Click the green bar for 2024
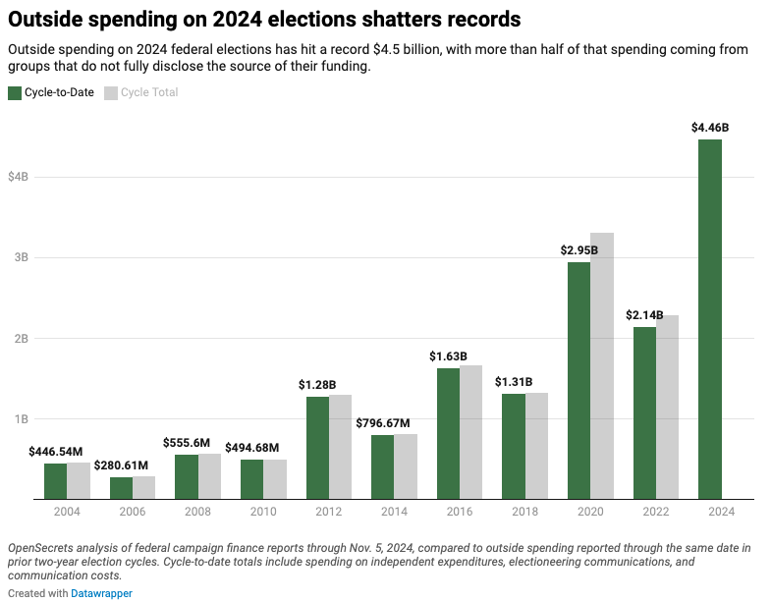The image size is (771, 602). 710,319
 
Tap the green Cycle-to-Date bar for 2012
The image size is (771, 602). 317,448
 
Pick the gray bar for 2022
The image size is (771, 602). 667,408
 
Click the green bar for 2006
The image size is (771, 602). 121,488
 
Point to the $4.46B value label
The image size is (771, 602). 710,128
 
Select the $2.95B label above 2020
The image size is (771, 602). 579,250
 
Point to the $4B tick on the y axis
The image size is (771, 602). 19,177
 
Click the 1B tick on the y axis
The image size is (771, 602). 22,419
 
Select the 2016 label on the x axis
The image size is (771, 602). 460,513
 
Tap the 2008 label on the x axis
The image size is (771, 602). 197,513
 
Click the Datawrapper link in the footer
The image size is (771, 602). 101,593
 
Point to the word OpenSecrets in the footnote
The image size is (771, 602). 40,546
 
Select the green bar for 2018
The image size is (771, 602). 514,446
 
